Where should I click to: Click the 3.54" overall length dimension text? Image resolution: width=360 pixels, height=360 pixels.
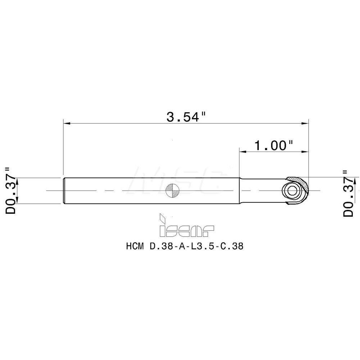coord(186,117)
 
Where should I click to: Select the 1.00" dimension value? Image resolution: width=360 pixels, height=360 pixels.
coord(274,145)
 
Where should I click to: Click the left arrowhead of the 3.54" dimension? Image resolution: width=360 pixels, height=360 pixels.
coord(67,124)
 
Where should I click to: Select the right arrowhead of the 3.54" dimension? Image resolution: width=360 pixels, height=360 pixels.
coord(305,124)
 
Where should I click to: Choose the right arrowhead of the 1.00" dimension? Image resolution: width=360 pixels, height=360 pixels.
coord(305,152)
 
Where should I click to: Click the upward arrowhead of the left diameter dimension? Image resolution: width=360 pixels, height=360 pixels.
coord(17,180)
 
